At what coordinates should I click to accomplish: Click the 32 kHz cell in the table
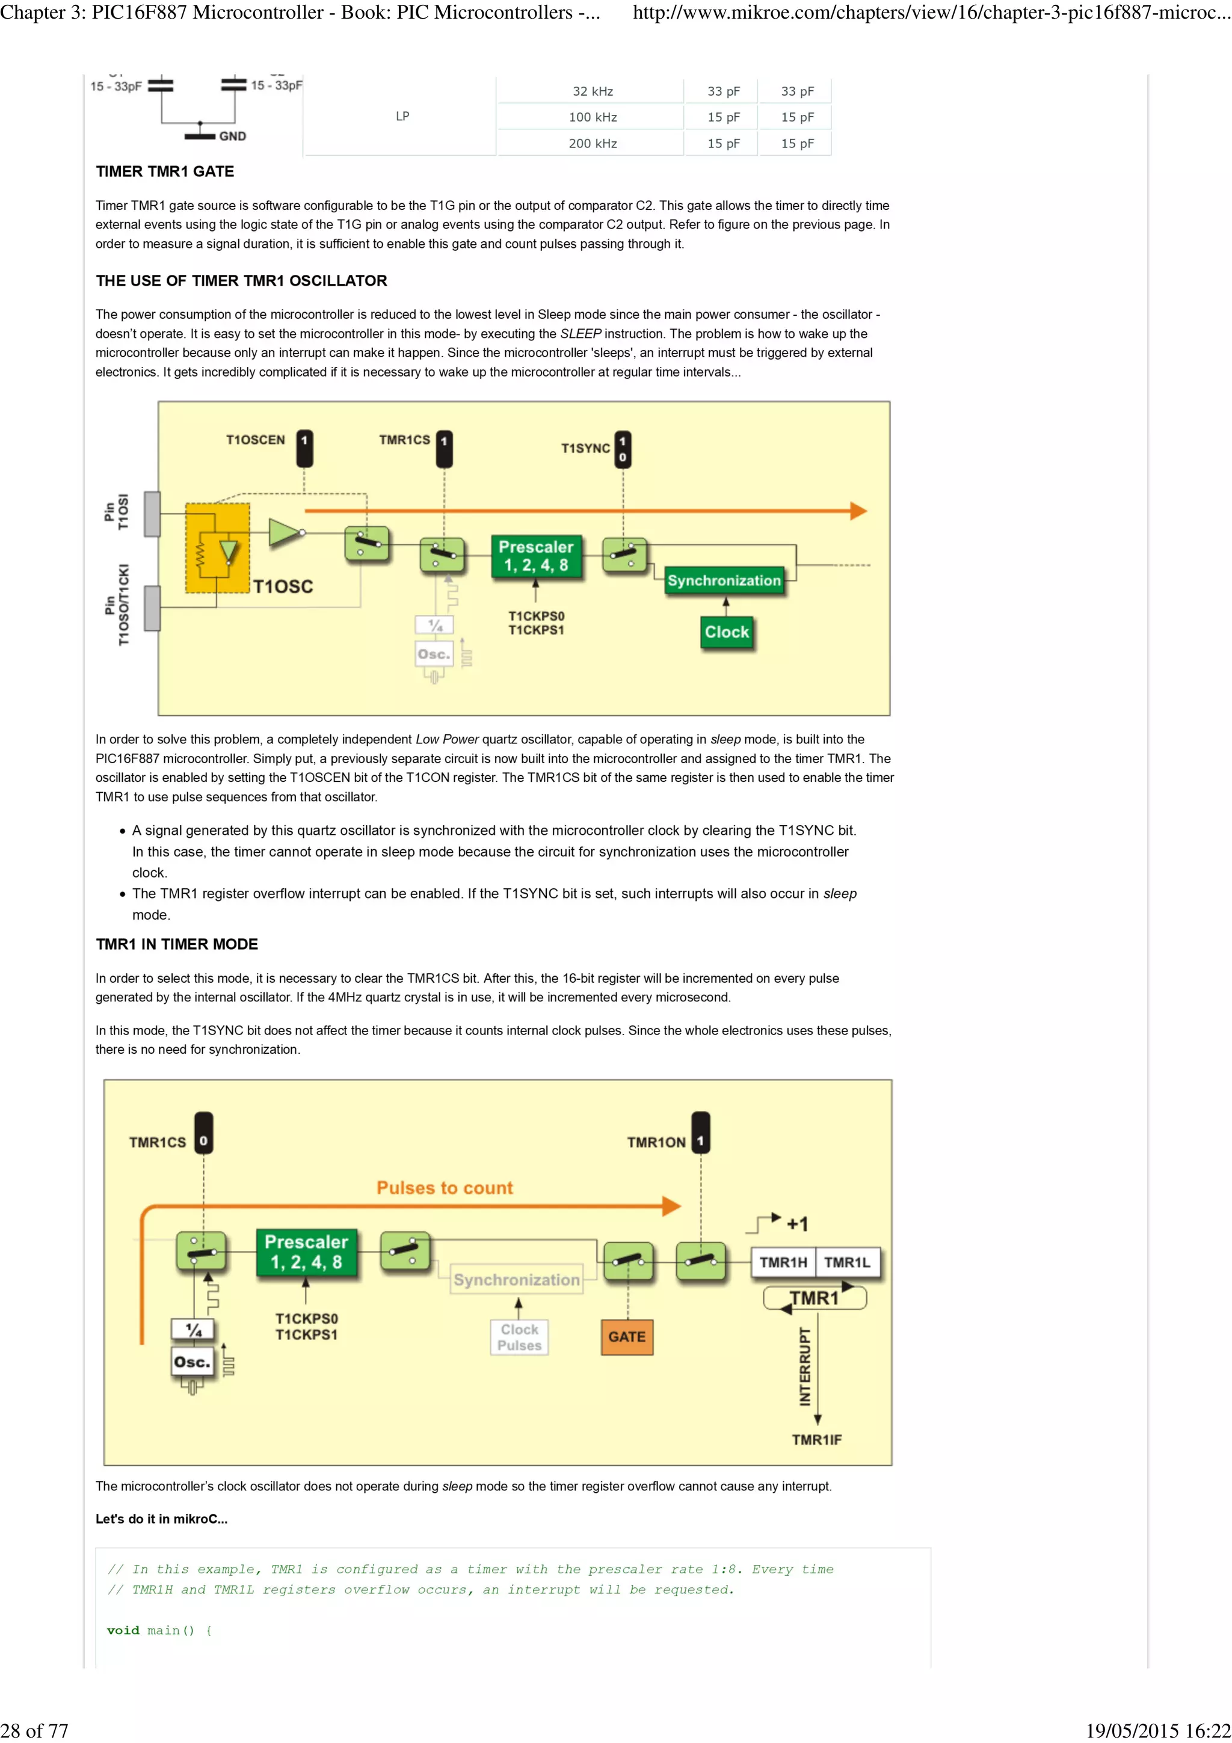(x=592, y=91)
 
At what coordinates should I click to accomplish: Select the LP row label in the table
(x=402, y=116)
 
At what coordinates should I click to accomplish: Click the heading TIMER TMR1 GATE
(x=165, y=171)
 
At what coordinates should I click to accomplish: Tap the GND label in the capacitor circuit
(x=232, y=136)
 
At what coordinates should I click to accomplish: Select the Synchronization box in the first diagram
(x=724, y=581)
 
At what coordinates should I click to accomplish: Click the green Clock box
(x=727, y=632)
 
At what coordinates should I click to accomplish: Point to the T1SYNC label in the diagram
(x=585, y=449)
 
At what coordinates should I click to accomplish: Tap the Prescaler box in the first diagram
(x=536, y=556)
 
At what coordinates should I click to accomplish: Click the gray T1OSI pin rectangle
(x=152, y=514)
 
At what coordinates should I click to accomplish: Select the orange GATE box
(x=627, y=1337)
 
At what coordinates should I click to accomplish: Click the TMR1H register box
(x=783, y=1262)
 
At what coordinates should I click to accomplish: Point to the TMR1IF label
(x=817, y=1440)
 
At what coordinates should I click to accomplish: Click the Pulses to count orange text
(x=445, y=1188)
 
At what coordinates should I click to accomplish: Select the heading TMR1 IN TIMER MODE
(x=177, y=944)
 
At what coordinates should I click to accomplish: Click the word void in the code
(x=123, y=1631)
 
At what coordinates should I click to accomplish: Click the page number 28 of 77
(x=34, y=1730)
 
